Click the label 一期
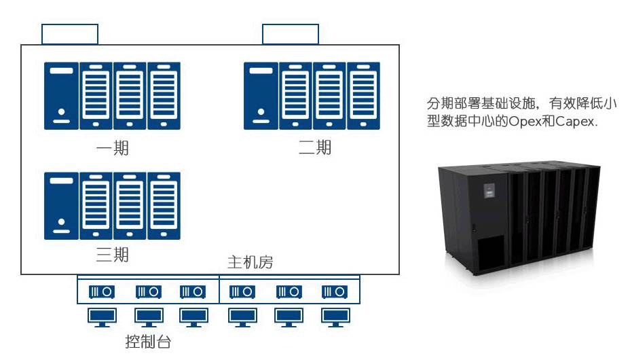(x=112, y=149)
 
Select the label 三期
(x=112, y=256)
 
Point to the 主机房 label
(x=250, y=262)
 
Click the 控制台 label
(x=148, y=341)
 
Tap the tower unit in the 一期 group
(x=62, y=96)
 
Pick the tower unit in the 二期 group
(x=261, y=96)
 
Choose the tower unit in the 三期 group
(x=62, y=205)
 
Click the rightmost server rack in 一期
(x=164, y=96)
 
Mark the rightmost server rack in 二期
(x=364, y=96)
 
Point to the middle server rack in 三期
(x=130, y=205)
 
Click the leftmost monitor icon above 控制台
(x=102, y=317)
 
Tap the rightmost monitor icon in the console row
(x=335, y=317)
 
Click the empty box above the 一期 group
(x=70, y=35)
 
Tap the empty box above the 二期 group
(x=291, y=35)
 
